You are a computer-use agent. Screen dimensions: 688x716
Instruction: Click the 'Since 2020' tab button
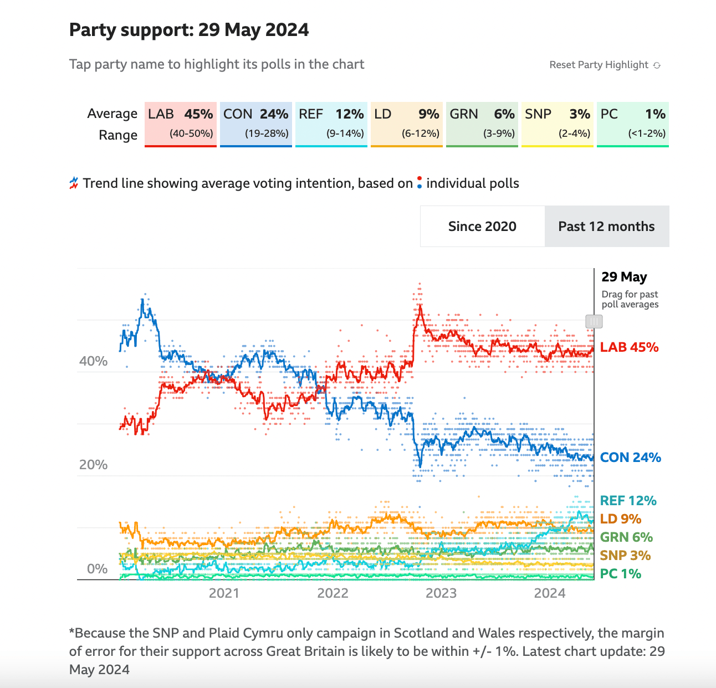pyautogui.click(x=482, y=227)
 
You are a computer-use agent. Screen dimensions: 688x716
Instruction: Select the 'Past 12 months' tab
pyautogui.click(x=606, y=227)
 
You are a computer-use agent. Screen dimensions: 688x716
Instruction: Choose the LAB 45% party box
pyautogui.click(x=181, y=124)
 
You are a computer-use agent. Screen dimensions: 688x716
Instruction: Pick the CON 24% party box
pyautogui.click(x=256, y=124)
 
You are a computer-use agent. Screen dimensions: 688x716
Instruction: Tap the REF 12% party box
pyautogui.click(x=331, y=124)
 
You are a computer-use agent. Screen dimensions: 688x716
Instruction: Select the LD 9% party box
pyautogui.click(x=407, y=124)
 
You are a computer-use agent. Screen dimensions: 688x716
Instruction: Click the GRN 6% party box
pyautogui.click(x=482, y=124)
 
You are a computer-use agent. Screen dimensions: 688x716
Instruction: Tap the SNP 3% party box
pyautogui.click(x=558, y=124)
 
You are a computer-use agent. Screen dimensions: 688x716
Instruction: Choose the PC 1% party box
pyautogui.click(x=633, y=124)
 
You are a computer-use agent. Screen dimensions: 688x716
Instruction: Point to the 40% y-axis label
pyautogui.click(x=93, y=361)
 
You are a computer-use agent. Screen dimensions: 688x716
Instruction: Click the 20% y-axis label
pyautogui.click(x=93, y=465)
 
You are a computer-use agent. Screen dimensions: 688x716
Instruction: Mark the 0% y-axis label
pyautogui.click(x=97, y=569)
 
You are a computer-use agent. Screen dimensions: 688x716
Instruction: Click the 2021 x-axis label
pyautogui.click(x=224, y=593)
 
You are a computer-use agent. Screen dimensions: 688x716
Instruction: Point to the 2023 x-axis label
pyautogui.click(x=441, y=593)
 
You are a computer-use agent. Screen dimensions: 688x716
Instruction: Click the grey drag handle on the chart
pyautogui.click(x=594, y=321)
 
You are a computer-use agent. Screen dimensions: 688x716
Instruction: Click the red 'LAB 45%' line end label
pyautogui.click(x=630, y=347)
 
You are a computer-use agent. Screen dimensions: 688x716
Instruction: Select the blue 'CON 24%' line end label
pyautogui.click(x=631, y=458)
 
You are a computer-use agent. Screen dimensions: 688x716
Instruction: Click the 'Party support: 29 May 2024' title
pyautogui.click(x=189, y=30)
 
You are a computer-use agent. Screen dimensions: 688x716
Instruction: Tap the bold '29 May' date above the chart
pyautogui.click(x=624, y=277)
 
